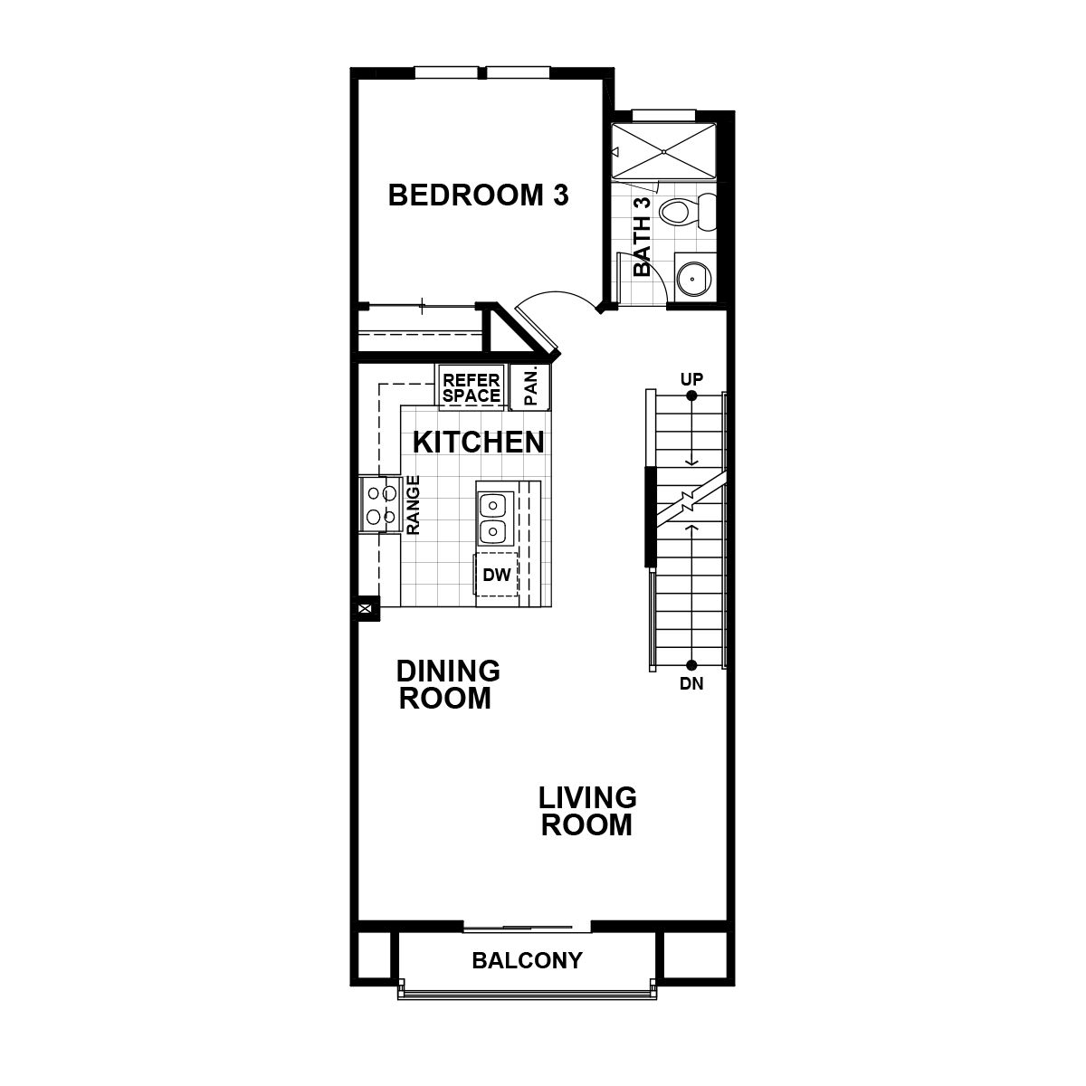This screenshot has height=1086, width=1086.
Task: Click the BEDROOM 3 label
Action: point(478,195)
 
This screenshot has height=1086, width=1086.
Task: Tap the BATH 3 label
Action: point(643,237)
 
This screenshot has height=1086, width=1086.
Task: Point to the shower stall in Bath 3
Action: point(665,149)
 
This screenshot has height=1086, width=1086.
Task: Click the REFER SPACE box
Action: point(472,388)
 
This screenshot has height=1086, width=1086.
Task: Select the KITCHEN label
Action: point(478,443)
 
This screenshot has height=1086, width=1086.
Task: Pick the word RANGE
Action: point(413,505)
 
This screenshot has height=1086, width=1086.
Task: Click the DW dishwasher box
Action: point(496,574)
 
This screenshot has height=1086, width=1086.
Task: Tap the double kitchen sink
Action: point(493,516)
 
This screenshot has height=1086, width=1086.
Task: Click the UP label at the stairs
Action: point(691,378)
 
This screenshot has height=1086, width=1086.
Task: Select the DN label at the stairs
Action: point(691,684)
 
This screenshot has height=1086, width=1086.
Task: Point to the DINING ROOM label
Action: point(448,684)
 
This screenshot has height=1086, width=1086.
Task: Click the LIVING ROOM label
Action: point(587,811)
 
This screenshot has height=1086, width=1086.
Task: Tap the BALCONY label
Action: point(527,960)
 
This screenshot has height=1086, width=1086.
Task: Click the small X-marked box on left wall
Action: point(366,610)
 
